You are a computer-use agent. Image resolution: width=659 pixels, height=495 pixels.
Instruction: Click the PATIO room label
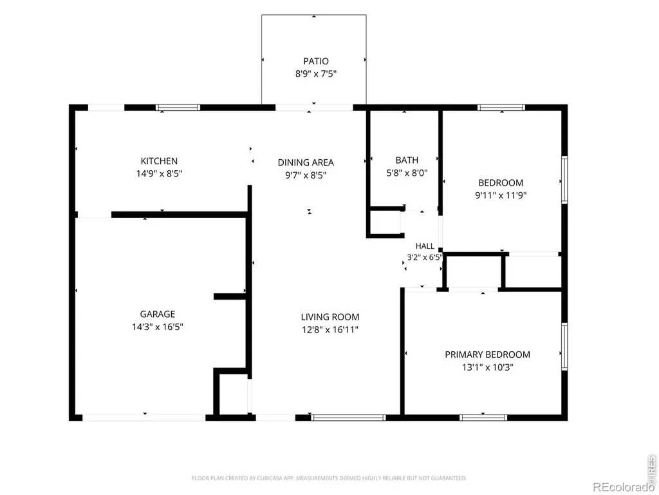click(315, 61)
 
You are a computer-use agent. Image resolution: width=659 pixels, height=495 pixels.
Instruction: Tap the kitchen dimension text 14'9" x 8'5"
click(160, 173)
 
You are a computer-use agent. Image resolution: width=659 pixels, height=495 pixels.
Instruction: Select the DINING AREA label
click(306, 162)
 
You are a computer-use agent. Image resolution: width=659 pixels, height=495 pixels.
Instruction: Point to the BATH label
click(407, 160)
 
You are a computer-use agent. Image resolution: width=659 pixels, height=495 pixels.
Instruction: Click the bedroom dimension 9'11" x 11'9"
click(501, 195)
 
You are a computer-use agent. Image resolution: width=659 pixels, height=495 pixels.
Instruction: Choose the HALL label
click(425, 246)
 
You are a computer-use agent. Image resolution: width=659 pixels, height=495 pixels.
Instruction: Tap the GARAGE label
click(158, 314)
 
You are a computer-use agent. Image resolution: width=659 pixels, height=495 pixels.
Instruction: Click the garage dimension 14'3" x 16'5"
click(158, 327)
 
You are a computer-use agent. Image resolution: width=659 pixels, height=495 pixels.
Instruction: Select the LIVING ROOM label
click(330, 317)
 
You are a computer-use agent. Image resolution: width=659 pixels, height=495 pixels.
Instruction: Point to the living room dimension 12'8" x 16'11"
click(330, 329)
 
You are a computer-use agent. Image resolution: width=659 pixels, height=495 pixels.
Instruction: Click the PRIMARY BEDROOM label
click(488, 354)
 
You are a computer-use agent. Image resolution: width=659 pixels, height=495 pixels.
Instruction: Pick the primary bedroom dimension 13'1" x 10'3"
click(488, 367)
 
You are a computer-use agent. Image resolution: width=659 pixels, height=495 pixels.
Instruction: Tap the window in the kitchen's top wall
click(178, 108)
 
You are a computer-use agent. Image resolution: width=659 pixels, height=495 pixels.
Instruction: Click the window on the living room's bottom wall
click(348, 418)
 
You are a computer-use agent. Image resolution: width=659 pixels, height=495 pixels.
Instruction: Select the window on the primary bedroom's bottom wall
click(483, 418)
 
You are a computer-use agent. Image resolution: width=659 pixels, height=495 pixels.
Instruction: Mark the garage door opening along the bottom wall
click(144, 418)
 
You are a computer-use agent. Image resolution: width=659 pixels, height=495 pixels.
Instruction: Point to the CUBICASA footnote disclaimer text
click(329, 478)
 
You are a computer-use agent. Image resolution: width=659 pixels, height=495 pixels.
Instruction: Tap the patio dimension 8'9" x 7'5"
click(315, 74)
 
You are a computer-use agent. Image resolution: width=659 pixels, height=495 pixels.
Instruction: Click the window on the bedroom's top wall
click(501, 108)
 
